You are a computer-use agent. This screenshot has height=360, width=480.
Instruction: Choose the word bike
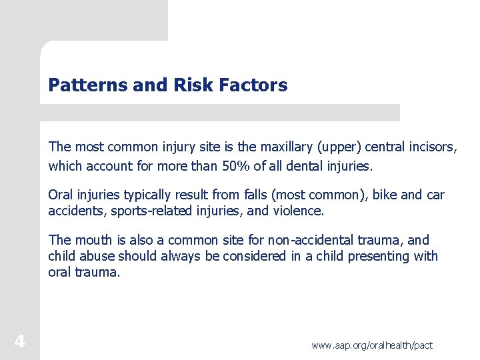tap(385, 195)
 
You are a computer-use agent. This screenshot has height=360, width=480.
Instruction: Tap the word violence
tap(297, 211)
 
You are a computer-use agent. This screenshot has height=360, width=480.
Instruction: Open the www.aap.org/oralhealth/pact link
tap(372, 345)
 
